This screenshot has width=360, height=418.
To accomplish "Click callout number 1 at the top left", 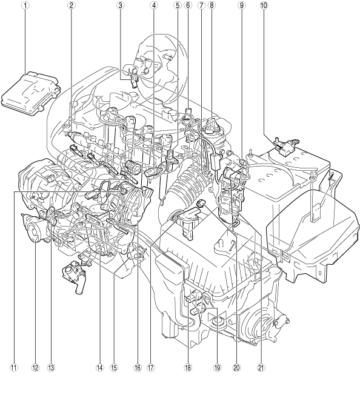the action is pos(25,5).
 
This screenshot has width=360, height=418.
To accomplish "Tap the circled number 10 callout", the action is pos(263,5).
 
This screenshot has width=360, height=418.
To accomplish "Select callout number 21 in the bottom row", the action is pos(261,368).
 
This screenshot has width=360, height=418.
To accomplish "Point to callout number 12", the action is pos(35,368).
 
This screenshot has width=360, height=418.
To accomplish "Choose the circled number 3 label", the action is pos(120,5).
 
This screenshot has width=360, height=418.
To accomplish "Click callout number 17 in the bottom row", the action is pos(150,368).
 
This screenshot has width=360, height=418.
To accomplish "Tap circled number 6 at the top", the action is pos(188,5).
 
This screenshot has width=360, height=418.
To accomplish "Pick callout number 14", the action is pos(99,368).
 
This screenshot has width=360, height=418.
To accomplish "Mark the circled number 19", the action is pos(218,368).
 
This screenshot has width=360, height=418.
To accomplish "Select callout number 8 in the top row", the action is pos(212,5).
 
